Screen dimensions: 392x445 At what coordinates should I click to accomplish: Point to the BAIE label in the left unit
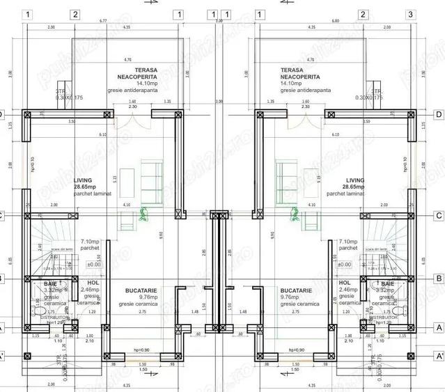click(50, 284)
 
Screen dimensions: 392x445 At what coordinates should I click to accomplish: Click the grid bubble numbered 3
click(411, 15)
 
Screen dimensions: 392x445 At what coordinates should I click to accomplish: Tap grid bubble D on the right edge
click(439, 114)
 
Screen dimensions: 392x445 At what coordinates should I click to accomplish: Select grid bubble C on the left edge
click(3, 215)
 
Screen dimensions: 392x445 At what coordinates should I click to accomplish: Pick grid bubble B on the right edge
click(439, 279)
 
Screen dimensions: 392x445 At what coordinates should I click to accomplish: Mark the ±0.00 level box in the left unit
click(93, 264)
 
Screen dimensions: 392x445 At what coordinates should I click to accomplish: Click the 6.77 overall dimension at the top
click(103, 22)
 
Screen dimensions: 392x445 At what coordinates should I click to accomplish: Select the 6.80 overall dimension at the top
click(336, 22)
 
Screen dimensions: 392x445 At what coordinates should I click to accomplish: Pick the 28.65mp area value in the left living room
click(88, 187)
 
